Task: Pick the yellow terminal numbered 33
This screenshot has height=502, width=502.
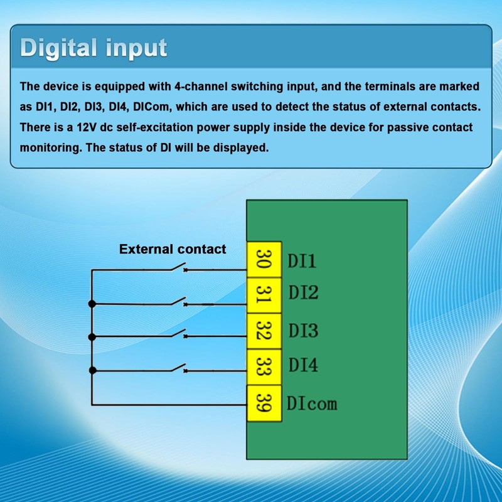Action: coord(264,367)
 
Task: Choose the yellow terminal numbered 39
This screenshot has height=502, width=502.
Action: coord(264,403)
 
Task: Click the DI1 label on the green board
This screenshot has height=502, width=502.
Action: coord(302,260)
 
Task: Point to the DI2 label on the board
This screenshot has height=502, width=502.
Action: coord(303,292)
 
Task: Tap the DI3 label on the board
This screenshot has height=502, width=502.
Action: coord(303,331)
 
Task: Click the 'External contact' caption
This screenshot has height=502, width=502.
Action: coord(173,249)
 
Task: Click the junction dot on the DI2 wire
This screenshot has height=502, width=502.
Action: coord(92,304)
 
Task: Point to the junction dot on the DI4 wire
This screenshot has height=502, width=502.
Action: coord(92,370)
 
